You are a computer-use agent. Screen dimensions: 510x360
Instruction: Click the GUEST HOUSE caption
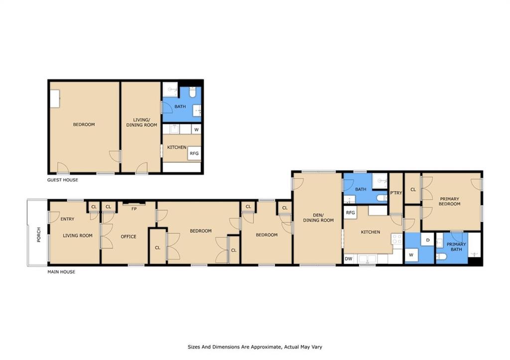(62, 180)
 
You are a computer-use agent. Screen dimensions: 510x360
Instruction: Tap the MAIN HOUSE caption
(61, 272)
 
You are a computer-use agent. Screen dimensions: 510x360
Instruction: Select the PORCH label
(39, 235)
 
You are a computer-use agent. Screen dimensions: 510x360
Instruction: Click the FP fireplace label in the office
(134, 209)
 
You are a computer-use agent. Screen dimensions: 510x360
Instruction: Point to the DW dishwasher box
(348, 259)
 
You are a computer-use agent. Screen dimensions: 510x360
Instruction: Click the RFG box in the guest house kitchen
(194, 153)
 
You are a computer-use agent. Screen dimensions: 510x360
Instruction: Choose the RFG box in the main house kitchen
(350, 213)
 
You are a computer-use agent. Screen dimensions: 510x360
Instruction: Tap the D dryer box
(428, 240)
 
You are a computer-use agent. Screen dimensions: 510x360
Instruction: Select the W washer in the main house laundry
(411, 255)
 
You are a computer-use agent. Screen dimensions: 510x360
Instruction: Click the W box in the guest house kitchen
(196, 129)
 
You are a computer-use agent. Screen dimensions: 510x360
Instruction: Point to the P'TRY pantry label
(396, 193)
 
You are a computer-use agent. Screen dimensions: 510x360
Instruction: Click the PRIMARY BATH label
(456, 247)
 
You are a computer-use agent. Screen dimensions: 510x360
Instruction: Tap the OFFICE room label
(128, 237)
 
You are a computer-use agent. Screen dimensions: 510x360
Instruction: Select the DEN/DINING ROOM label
(318, 218)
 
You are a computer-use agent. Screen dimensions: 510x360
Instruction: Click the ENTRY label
(67, 219)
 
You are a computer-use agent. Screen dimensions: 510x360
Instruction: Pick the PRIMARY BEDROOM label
(449, 201)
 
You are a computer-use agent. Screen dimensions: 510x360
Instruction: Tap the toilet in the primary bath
(441, 257)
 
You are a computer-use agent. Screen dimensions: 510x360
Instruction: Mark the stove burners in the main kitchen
(397, 239)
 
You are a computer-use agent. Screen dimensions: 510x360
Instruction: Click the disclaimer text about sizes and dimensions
(255, 347)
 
